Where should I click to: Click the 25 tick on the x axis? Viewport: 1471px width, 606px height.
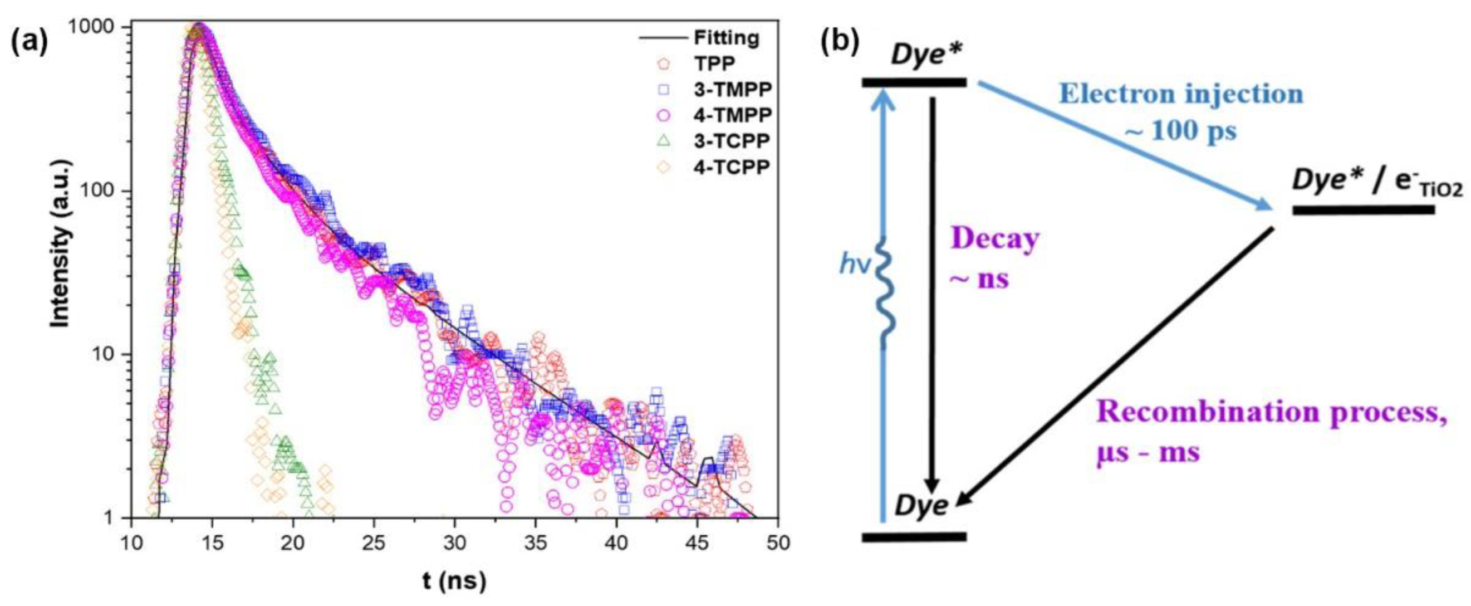[374, 543]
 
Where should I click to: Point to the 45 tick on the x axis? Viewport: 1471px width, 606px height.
[697, 543]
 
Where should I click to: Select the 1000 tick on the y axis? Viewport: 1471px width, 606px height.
[97, 27]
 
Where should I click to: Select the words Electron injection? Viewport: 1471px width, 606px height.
[1181, 94]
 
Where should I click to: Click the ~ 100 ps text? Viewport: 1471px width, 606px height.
[1181, 131]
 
